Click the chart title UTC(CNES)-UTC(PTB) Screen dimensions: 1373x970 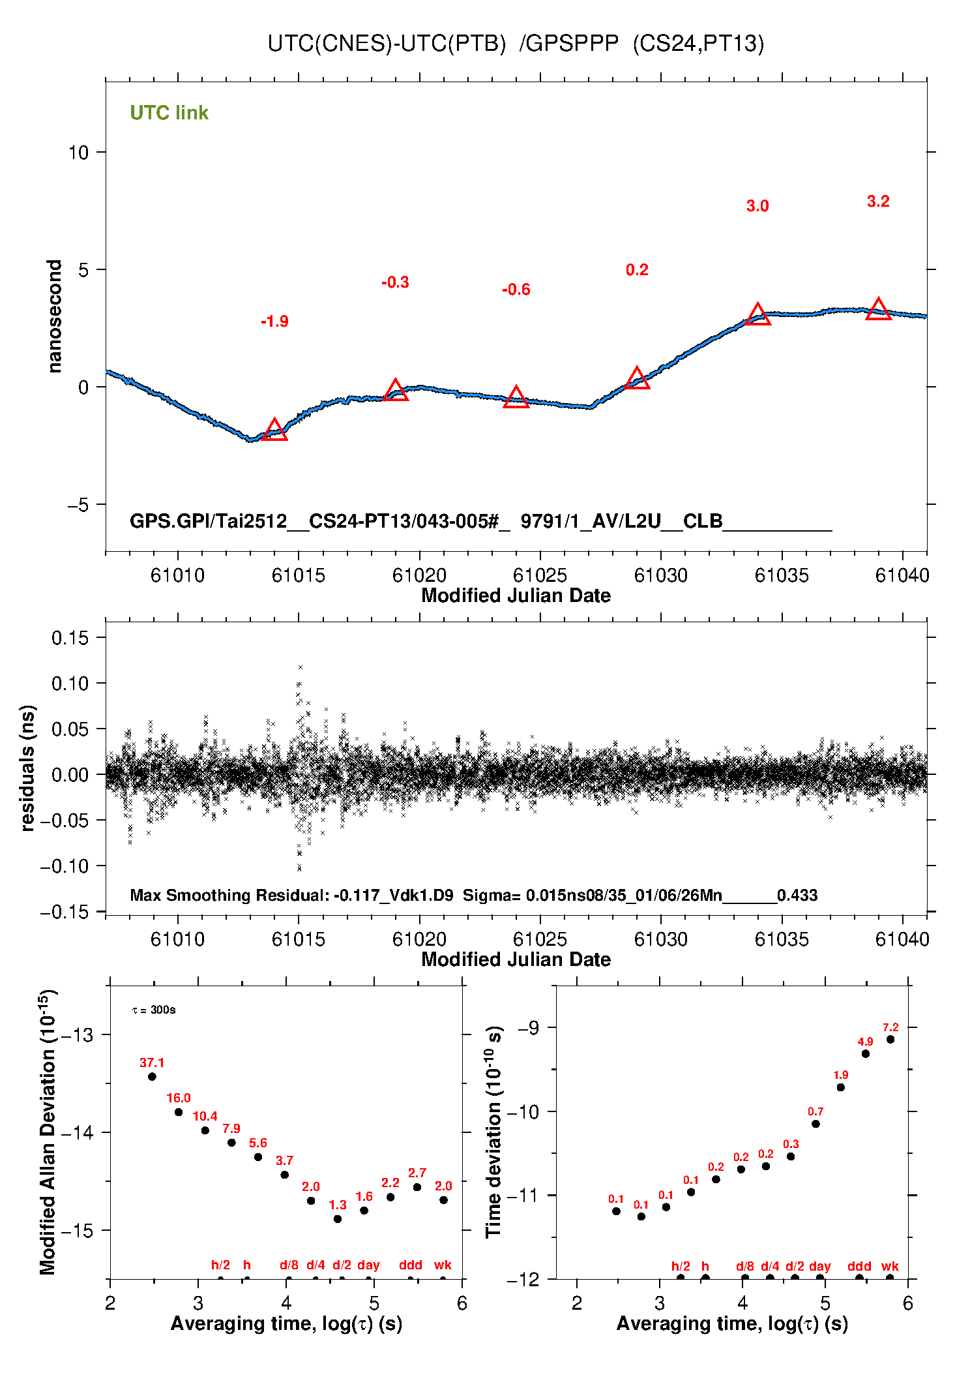pos(387,44)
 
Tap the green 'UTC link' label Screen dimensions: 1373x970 pos(169,113)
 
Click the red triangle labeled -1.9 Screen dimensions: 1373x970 pos(274,430)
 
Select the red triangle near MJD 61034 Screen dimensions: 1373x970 pos(757,315)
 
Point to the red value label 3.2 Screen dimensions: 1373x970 pos(878,202)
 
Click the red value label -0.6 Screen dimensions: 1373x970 pos(516,290)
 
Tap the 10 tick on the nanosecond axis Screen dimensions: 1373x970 pos(78,153)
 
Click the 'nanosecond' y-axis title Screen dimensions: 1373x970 pos(54,316)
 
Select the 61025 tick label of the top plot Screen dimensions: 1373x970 pos(540,575)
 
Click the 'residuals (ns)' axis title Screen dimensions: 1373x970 pos(27,768)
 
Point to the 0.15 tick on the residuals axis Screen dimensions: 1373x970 pos(70,638)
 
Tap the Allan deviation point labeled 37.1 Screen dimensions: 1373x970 pos(152,1077)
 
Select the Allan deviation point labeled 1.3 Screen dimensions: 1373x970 pos(338,1219)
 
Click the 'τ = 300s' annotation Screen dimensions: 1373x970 pos(154,1010)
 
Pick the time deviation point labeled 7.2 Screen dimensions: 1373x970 pos(890,1040)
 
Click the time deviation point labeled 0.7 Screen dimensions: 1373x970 pos(816,1124)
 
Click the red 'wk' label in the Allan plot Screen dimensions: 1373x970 pos(443,1265)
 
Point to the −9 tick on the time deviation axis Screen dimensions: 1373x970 pos(529,1028)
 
